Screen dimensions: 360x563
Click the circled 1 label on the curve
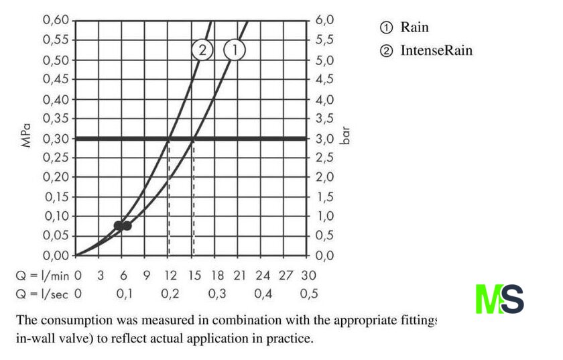(235, 50)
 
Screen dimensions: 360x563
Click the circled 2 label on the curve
(202, 50)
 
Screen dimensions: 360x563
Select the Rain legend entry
(404, 27)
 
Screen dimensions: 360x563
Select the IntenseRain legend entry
(426, 50)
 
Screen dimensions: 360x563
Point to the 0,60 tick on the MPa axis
(56, 19)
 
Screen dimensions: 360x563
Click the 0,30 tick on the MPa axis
(56, 138)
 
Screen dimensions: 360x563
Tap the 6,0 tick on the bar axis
(325, 20)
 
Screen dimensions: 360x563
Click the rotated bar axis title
(345, 137)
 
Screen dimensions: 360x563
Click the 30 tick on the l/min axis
(308, 276)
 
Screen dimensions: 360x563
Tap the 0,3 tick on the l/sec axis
(216, 294)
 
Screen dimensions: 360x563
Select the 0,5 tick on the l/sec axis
(309, 294)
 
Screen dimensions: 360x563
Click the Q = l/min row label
(42, 276)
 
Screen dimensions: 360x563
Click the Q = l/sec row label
(42, 294)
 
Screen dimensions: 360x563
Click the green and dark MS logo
(499, 299)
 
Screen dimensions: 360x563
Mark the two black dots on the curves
(123, 225)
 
